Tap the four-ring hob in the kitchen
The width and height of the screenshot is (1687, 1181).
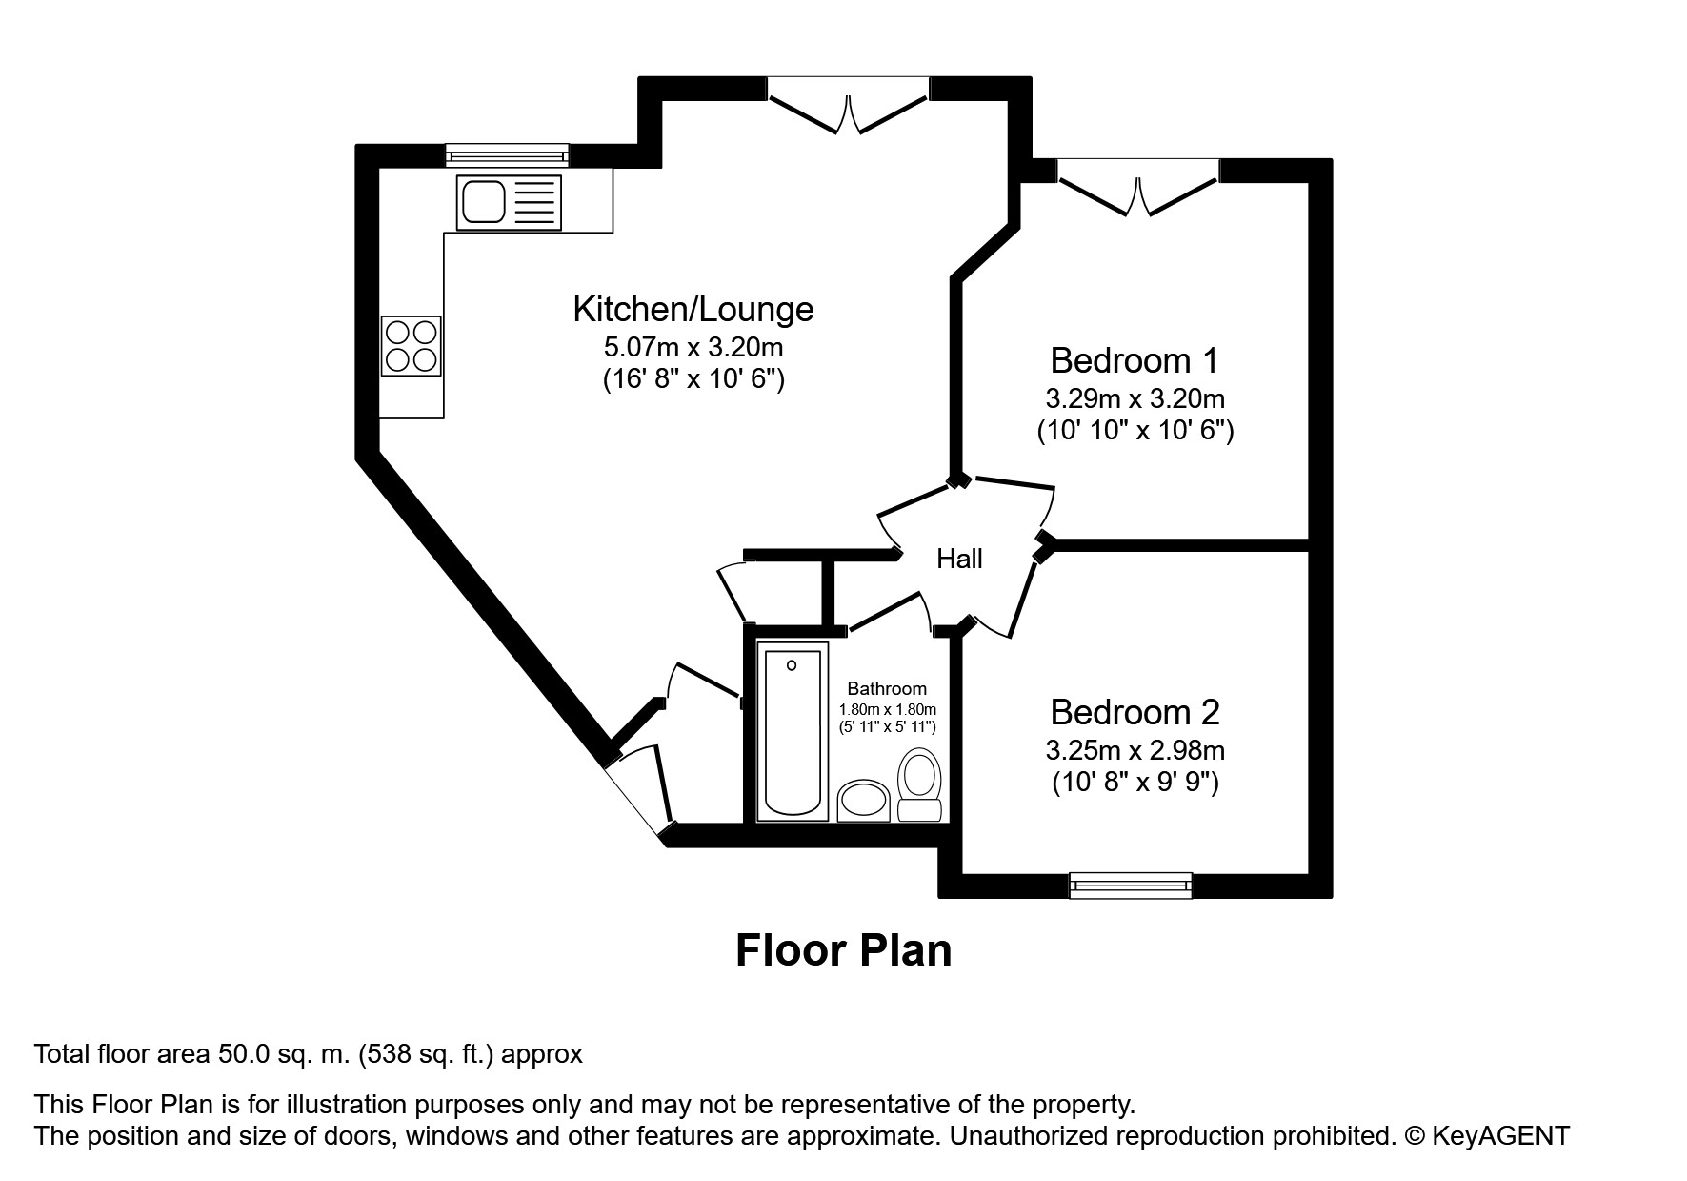click(412, 345)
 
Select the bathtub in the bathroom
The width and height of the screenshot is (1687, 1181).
click(793, 731)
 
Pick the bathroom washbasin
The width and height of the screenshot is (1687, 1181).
click(864, 801)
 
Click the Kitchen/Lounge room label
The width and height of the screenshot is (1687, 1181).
click(693, 309)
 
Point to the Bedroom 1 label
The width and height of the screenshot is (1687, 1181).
click(1135, 360)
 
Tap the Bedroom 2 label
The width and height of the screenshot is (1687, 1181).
click(1135, 712)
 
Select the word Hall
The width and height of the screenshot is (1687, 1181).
click(959, 559)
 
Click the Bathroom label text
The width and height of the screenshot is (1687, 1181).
click(887, 688)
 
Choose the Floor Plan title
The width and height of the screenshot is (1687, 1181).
click(844, 950)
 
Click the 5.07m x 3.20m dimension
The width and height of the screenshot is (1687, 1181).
click(693, 347)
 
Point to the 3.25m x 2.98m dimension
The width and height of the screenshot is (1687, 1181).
click(1135, 750)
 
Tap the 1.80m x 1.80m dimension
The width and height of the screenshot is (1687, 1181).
click(888, 709)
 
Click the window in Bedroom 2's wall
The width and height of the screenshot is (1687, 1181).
click(1131, 886)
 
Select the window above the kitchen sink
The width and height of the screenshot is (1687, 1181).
click(507, 155)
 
